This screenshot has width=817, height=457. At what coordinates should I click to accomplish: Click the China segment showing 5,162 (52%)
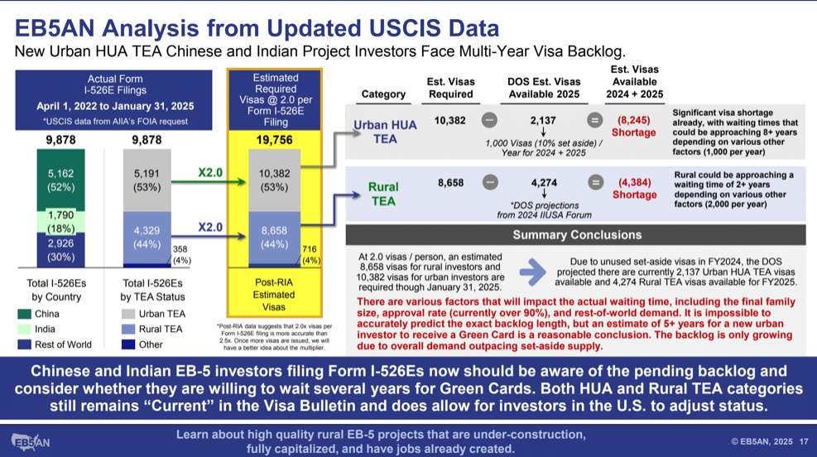[x=60, y=180]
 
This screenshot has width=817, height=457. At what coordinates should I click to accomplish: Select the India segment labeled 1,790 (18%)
[x=60, y=222]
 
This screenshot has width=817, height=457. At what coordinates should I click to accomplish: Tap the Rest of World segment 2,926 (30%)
[x=60, y=249]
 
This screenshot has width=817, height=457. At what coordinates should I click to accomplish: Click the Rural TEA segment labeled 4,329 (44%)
[x=147, y=238]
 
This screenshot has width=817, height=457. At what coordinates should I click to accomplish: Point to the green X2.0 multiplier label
[x=210, y=172]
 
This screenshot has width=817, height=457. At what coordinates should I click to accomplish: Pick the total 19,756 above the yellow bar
[x=274, y=140]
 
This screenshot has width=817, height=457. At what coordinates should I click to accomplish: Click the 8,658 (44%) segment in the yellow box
[x=274, y=238]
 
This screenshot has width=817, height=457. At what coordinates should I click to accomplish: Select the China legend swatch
[x=25, y=314]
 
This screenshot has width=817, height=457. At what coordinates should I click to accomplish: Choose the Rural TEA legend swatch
[x=128, y=329]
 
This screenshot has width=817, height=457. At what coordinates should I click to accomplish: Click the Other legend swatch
[x=128, y=344]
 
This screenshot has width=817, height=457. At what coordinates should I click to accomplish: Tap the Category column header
[x=383, y=94]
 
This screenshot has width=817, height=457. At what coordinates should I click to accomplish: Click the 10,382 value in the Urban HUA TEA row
[x=450, y=120]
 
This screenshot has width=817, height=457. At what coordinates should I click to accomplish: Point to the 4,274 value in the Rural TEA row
[x=544, y=183]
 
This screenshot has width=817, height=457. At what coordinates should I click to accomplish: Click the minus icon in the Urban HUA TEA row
[x=488, y=120]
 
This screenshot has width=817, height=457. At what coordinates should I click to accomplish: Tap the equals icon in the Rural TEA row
[x=595, y=182]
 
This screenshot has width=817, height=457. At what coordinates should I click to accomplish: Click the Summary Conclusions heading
[x=577, y=235]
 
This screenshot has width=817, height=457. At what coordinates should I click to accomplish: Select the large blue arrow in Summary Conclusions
[x=532, y=272]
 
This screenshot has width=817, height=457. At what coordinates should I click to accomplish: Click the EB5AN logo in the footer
[x=31, y=442]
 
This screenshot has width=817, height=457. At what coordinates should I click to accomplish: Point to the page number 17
[x=804, y=441]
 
